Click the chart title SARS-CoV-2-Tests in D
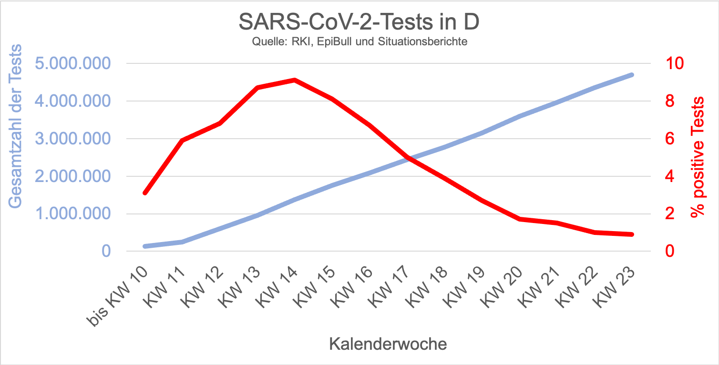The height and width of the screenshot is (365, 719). [x=359, y=21]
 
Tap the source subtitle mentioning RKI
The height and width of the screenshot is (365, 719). [x=359, y=42]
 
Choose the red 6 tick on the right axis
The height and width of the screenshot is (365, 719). [x=665, y=139]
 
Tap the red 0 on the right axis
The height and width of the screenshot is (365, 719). [x=665, y=251]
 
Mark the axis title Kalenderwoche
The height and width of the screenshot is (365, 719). [x=388, y=344]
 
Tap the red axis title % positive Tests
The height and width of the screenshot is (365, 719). [x=698, y=157]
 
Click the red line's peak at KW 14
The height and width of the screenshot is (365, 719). [x=295, y=80]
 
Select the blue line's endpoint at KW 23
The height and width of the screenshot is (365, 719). [x=632, y=75]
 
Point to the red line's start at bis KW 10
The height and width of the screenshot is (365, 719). [x=145, y=193]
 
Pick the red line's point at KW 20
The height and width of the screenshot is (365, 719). [x=519, y=219]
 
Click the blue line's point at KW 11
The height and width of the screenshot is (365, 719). [x=182, y=242]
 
